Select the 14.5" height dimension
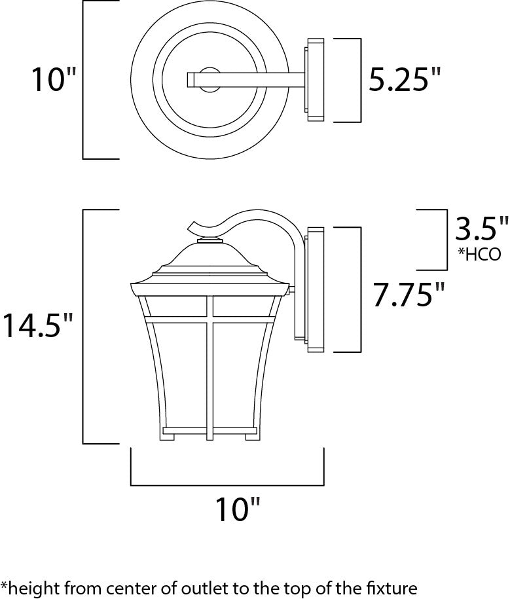[37, 325]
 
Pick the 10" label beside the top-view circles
[54, 81]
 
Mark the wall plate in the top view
[315, 80]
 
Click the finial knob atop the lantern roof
[211, 240]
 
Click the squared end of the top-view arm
[192, 80]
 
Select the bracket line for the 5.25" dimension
[360, 81]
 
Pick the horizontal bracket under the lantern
[228, 484]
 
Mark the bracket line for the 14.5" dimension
[84, 325]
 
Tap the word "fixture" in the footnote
[393, 586]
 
